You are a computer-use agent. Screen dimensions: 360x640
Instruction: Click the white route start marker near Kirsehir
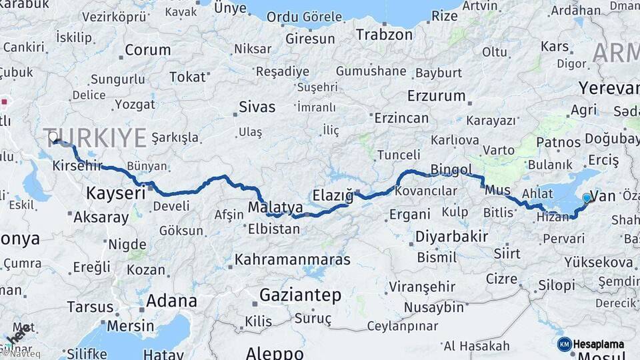(x=53, y=137)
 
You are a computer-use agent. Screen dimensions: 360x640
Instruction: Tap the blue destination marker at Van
(x=587, y=197)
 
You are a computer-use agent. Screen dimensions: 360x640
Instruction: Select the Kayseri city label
(x=115, y=193)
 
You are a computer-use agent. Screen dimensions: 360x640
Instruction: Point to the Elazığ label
(x=332, y=195)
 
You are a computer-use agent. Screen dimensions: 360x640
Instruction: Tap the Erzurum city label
(x=436, y=95)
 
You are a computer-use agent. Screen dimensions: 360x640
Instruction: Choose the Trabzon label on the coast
(x=384, y=35)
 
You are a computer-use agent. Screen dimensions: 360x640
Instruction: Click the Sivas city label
(x=257, y=107)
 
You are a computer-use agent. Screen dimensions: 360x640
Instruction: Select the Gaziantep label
(x=300, y=295)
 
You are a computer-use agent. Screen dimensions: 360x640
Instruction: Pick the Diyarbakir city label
(x=451, y=236)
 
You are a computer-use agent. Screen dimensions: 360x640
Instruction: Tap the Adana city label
(x=171, y=301)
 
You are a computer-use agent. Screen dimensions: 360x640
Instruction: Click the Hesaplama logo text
(x=599, y=344)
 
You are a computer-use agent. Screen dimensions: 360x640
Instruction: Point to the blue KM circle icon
(x=565, y=344)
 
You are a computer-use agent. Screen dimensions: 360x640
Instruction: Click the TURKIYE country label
(x=95, y=137)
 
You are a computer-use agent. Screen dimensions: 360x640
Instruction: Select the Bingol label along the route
(x=451, y=169)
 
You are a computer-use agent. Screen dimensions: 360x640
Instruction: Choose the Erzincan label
(x=401, y=118)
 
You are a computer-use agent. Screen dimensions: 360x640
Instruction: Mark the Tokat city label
(x=187, y=77)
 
